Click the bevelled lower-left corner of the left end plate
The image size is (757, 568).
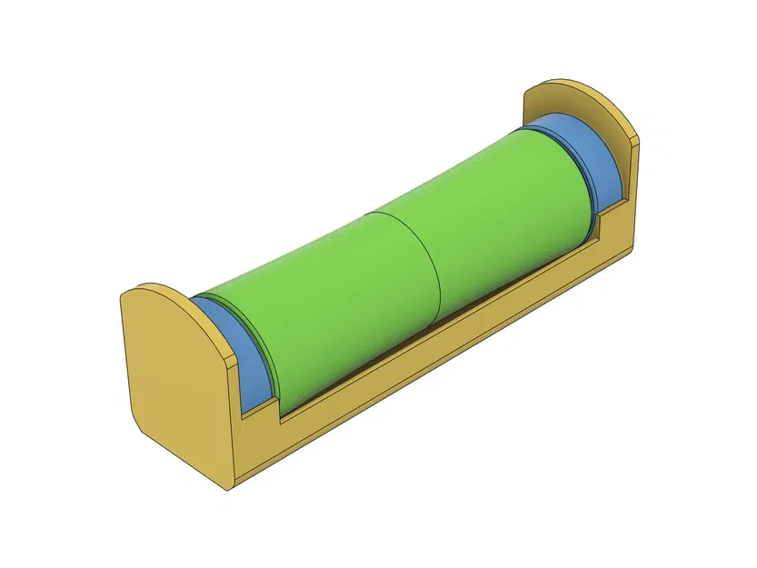pos(136,423)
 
